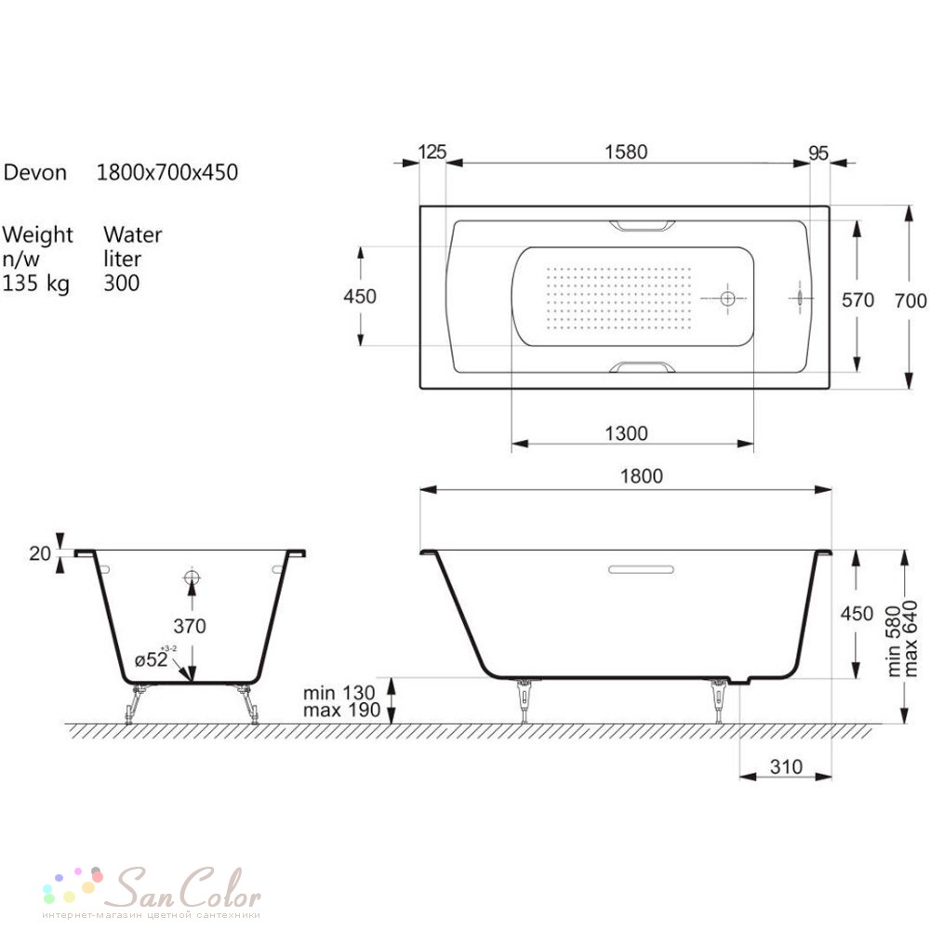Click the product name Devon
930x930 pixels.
tap(35, 173)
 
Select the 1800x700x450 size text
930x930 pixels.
tap(167, 173)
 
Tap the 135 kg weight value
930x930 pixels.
tap(35, 284)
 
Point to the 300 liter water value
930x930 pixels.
tap(122, 283)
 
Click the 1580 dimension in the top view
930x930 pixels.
tap(626, 153)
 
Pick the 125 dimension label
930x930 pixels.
tap(432, 152)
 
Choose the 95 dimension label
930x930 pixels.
tap(818, 153)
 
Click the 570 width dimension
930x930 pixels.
tap(857, 300)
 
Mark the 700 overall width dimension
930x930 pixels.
tap(911, 300)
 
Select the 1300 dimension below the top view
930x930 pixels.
tap(626, 433)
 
